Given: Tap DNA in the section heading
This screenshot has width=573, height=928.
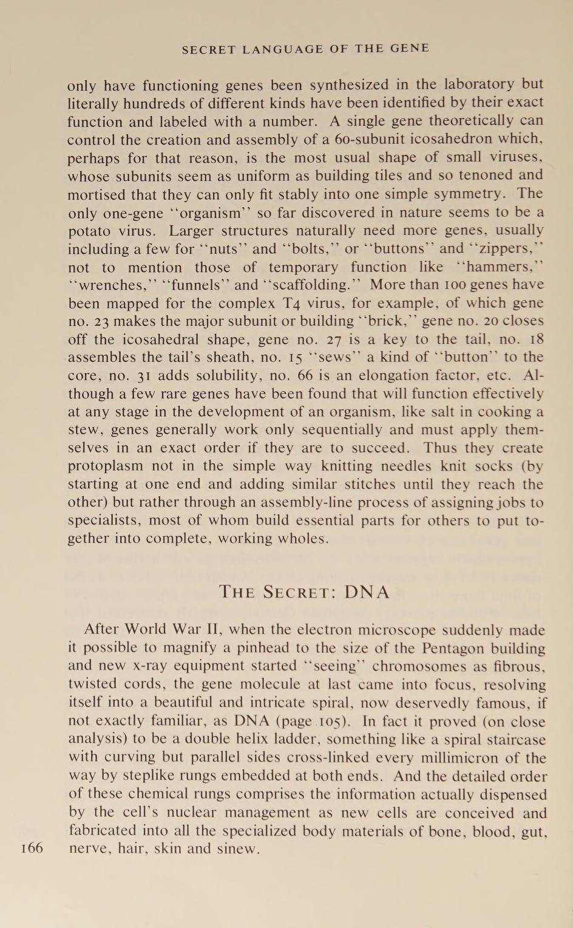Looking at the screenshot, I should pos(367,592).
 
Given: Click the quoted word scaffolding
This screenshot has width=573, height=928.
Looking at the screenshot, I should pos(313,285).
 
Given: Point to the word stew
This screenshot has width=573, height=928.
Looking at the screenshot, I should pos(81,430).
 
